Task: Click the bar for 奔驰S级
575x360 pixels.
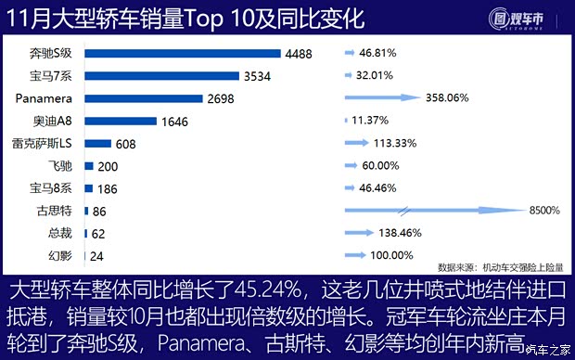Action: [182, 54]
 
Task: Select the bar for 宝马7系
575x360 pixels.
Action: [161, 76]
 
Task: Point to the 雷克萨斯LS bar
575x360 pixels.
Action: [97, 143]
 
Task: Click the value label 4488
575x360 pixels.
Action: [299, 54]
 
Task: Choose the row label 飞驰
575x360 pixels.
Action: [62, 165]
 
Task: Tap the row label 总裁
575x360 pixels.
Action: [62, 233]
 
